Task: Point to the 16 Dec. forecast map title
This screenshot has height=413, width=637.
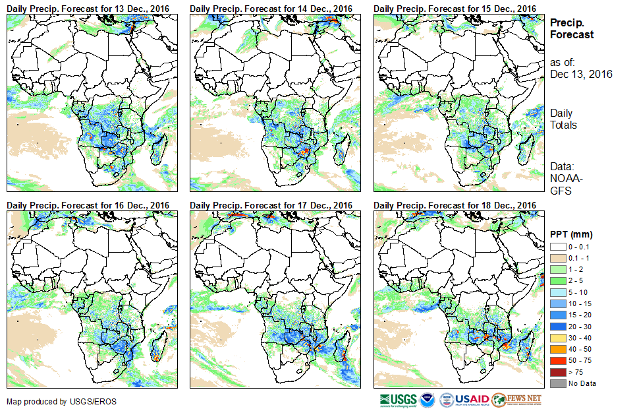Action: [x=88, y=205]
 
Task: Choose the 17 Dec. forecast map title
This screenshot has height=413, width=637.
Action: [x=271, y=205]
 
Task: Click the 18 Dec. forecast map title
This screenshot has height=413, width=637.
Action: [x=455, y=205]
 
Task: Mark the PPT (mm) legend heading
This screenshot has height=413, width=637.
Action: [x=571, y=234]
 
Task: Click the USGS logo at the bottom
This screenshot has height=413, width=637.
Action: [x=398, y=400]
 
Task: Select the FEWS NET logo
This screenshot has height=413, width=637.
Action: [x=518, y=400]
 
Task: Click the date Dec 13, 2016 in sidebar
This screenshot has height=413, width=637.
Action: [x=581, y=74]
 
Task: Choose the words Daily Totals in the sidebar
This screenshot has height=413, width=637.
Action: [x=564, y=119]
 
